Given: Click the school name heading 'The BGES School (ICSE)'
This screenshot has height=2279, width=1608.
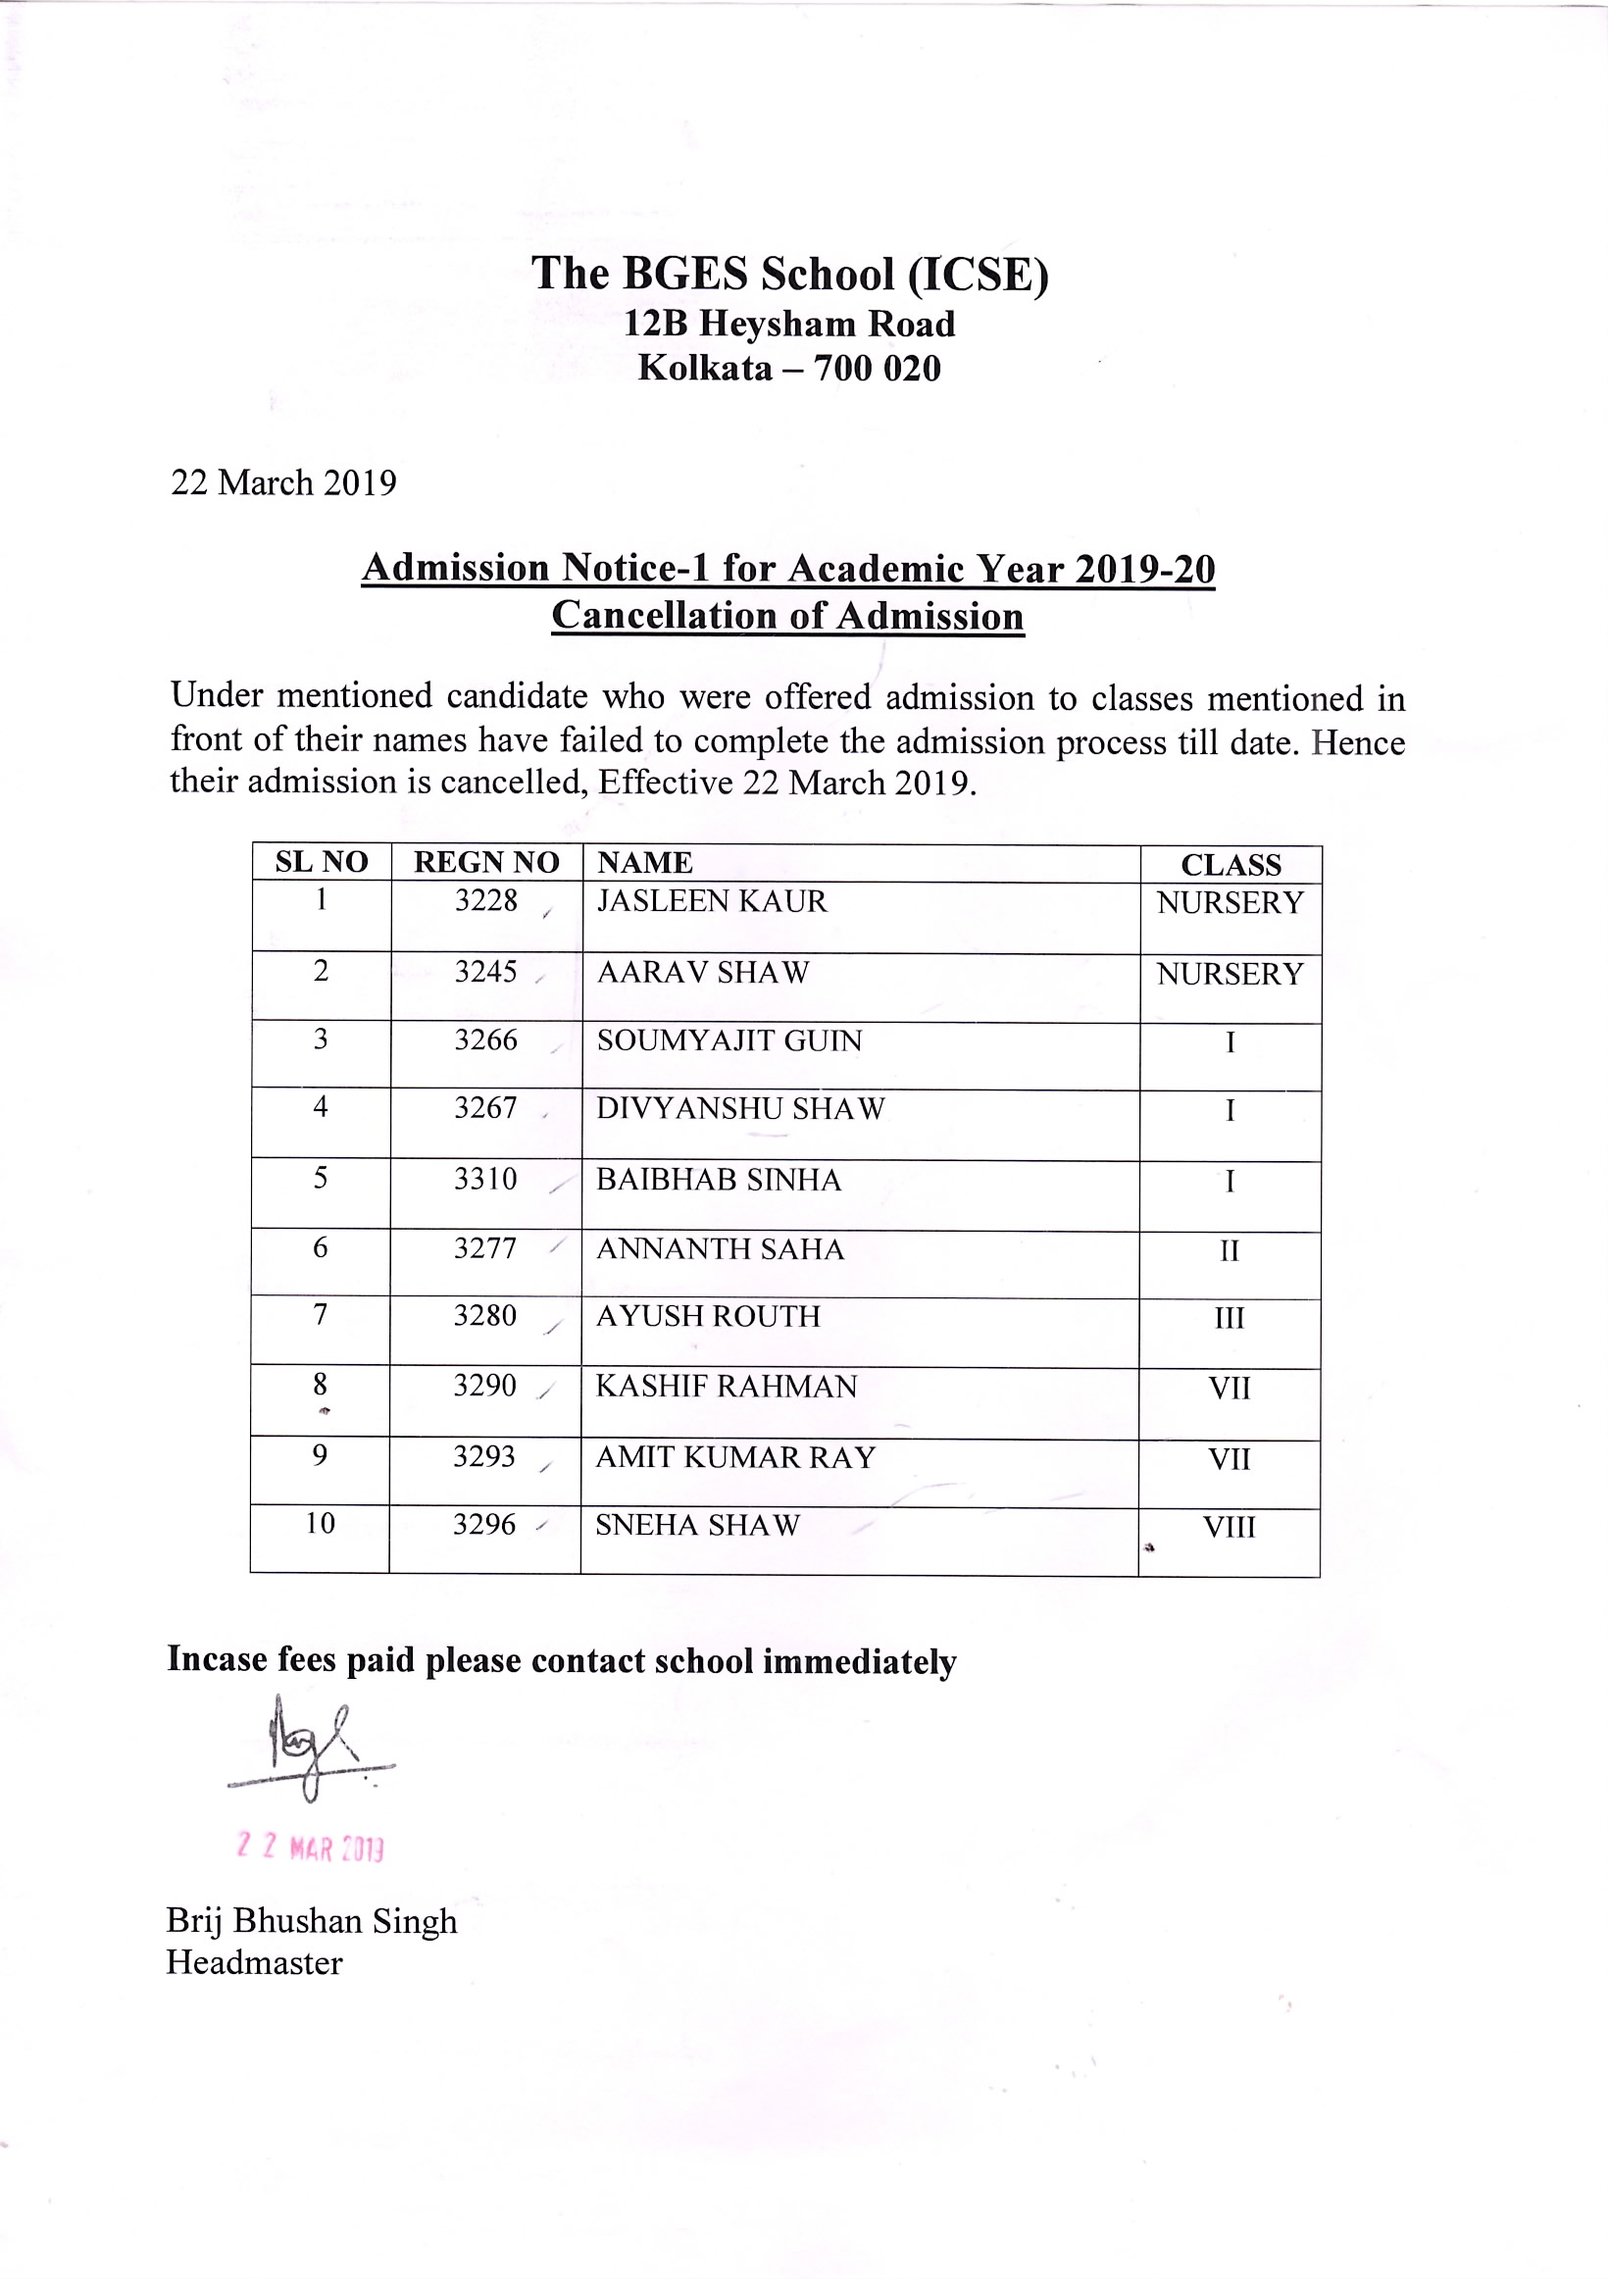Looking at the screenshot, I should [x=789, y=274].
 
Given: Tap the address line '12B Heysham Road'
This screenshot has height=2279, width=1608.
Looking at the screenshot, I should [x=789, y=325].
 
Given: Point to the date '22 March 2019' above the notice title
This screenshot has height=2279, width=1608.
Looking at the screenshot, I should [x=284, y=483].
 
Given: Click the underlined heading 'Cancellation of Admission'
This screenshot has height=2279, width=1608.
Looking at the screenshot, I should [x=787, y=616].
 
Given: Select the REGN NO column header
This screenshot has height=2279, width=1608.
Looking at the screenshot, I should [x=486, y=863].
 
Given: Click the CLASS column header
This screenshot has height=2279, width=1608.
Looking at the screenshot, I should [x=1231, y=865].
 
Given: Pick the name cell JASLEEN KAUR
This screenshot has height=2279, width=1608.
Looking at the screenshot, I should [x=712, y=901].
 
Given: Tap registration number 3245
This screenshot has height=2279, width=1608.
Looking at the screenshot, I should [x=485, y=972].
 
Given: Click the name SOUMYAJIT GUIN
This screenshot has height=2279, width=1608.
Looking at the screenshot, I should [x=729, y=1040].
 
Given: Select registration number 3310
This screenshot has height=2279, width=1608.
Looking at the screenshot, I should [x=485, y=1179].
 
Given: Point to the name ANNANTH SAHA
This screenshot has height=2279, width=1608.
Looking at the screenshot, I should [x=720, y=1248].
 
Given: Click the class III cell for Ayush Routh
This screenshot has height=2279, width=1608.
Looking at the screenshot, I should [x=1229, y=1318].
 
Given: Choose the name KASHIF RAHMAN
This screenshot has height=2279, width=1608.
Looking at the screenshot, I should [x=727, y=1387].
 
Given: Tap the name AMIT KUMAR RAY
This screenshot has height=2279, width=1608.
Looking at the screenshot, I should [x=735, y=1457].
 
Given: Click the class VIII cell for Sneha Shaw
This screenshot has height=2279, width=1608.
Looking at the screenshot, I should [x=1229, y=1528].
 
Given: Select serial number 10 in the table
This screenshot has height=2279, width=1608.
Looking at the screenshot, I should [x=320, y=1524].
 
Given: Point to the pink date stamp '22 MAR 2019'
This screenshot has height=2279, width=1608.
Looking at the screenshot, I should [x=311, y=1848].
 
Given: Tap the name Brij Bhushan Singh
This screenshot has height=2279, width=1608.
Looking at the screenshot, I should [x=312, y=1921].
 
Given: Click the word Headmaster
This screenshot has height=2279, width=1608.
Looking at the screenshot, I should [x=254, y=1963].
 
